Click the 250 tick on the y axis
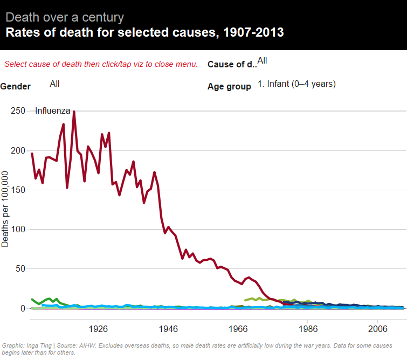tap(18, 110)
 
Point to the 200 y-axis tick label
tap(18, 150)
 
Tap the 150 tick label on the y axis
tap(18, 190)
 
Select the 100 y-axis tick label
tap(18, 229)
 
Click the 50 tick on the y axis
tap(20, 268)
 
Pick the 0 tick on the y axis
tap(23, 308)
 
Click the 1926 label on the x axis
tap(98, 328)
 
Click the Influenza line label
tap(53, 110)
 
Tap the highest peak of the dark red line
tap(74, 112)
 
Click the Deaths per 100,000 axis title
tap(5, 210)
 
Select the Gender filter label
tap(16, 86)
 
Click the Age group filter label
tap(229, 86)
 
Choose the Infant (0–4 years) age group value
tap(296, 84)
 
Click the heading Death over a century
tap(65, 17)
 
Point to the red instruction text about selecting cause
tap(101, 64)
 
